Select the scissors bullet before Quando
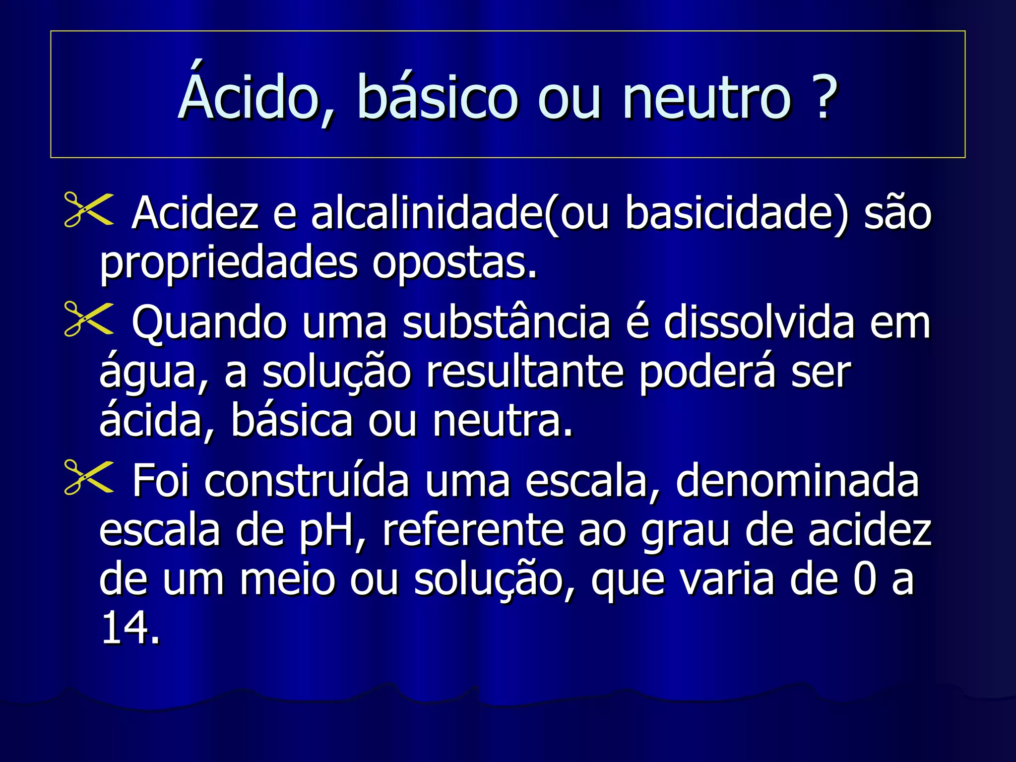88,319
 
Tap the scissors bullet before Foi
88,478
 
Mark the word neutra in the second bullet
502,422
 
